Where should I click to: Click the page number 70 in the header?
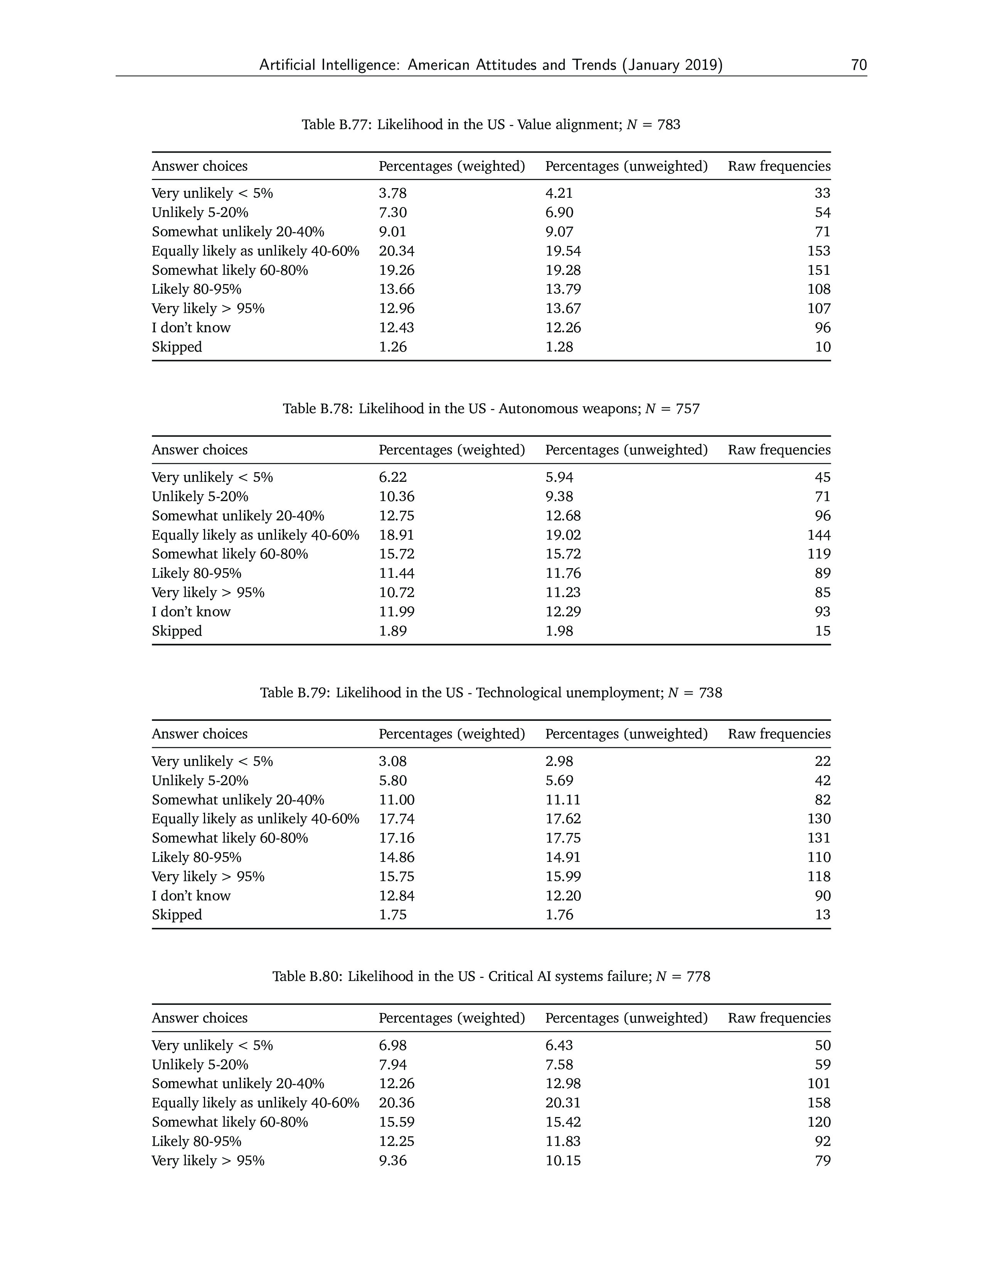858,65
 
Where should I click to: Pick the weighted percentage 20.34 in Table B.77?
397,251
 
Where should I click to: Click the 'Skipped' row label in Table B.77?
177,347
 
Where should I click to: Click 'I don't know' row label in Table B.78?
191,612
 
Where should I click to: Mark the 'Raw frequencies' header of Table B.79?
779,734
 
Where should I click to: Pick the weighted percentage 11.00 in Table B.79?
397,800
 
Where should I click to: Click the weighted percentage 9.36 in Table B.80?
392,1161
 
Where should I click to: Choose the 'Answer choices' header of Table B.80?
199,1018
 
